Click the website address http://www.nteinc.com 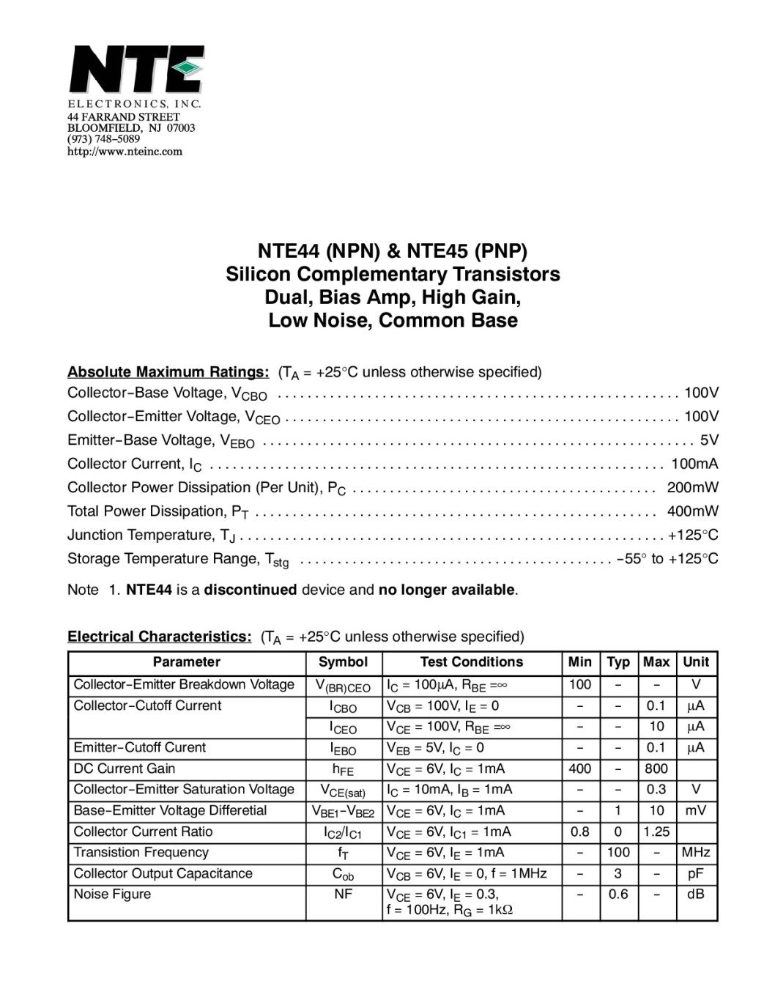tap(125, 152)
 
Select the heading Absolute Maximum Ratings tap(168, 371)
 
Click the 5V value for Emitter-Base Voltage tap(709, 440)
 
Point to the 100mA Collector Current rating tap(694, 464)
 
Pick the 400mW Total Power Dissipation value tap(692, 511)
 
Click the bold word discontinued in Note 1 tap(251, 590)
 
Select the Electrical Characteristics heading tap(160, 636)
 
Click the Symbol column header tap(343, 662)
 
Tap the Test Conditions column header tap(471, 662)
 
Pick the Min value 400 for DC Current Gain tap(579, 768)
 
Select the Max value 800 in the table tap(656, 768)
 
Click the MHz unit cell tap(696, 852)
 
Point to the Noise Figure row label tap(112, 894)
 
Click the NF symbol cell tap(343, 894)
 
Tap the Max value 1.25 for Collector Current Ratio tap(656, 831)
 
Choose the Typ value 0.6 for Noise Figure tap(618, 894)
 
